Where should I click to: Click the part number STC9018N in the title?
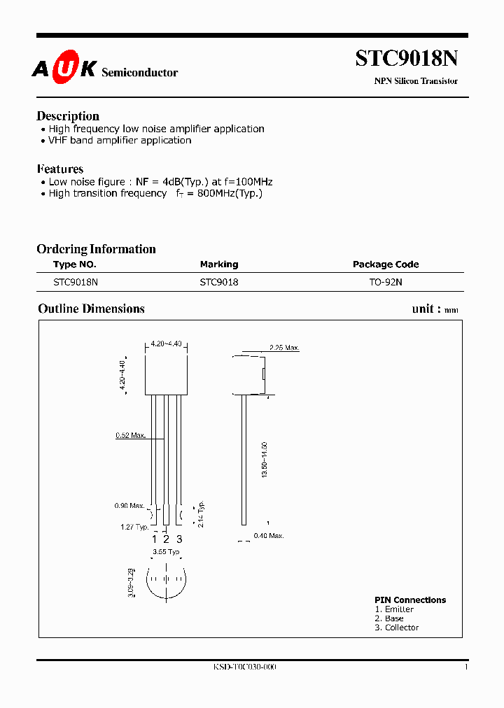[x=406, y=59]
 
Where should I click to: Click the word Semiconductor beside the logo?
[x=140, y=73]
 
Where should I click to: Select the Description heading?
[x=68, y=116]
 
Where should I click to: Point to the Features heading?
[x=60, y=169]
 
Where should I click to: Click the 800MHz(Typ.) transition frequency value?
[x=230, y=194]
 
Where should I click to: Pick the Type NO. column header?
[x=75, y=264]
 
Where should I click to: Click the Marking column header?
[x=219, y=264]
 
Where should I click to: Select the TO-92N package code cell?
[x=386, y=283]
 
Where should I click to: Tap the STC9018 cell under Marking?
[x=219, y=283]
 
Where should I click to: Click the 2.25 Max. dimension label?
[x=284, y=348]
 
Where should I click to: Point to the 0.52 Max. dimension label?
[x=130, y=436]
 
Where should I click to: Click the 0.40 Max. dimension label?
[x=269, y=536]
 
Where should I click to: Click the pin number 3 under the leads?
[x=179, y=539]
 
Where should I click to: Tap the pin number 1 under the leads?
[x=154, y=539]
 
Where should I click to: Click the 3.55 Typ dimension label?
[x=166, y=552]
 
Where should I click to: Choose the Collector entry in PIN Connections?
[x=400, y=628]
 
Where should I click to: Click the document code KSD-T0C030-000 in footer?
[x=245, y=667]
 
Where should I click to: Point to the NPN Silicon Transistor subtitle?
[x=416, y=81]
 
